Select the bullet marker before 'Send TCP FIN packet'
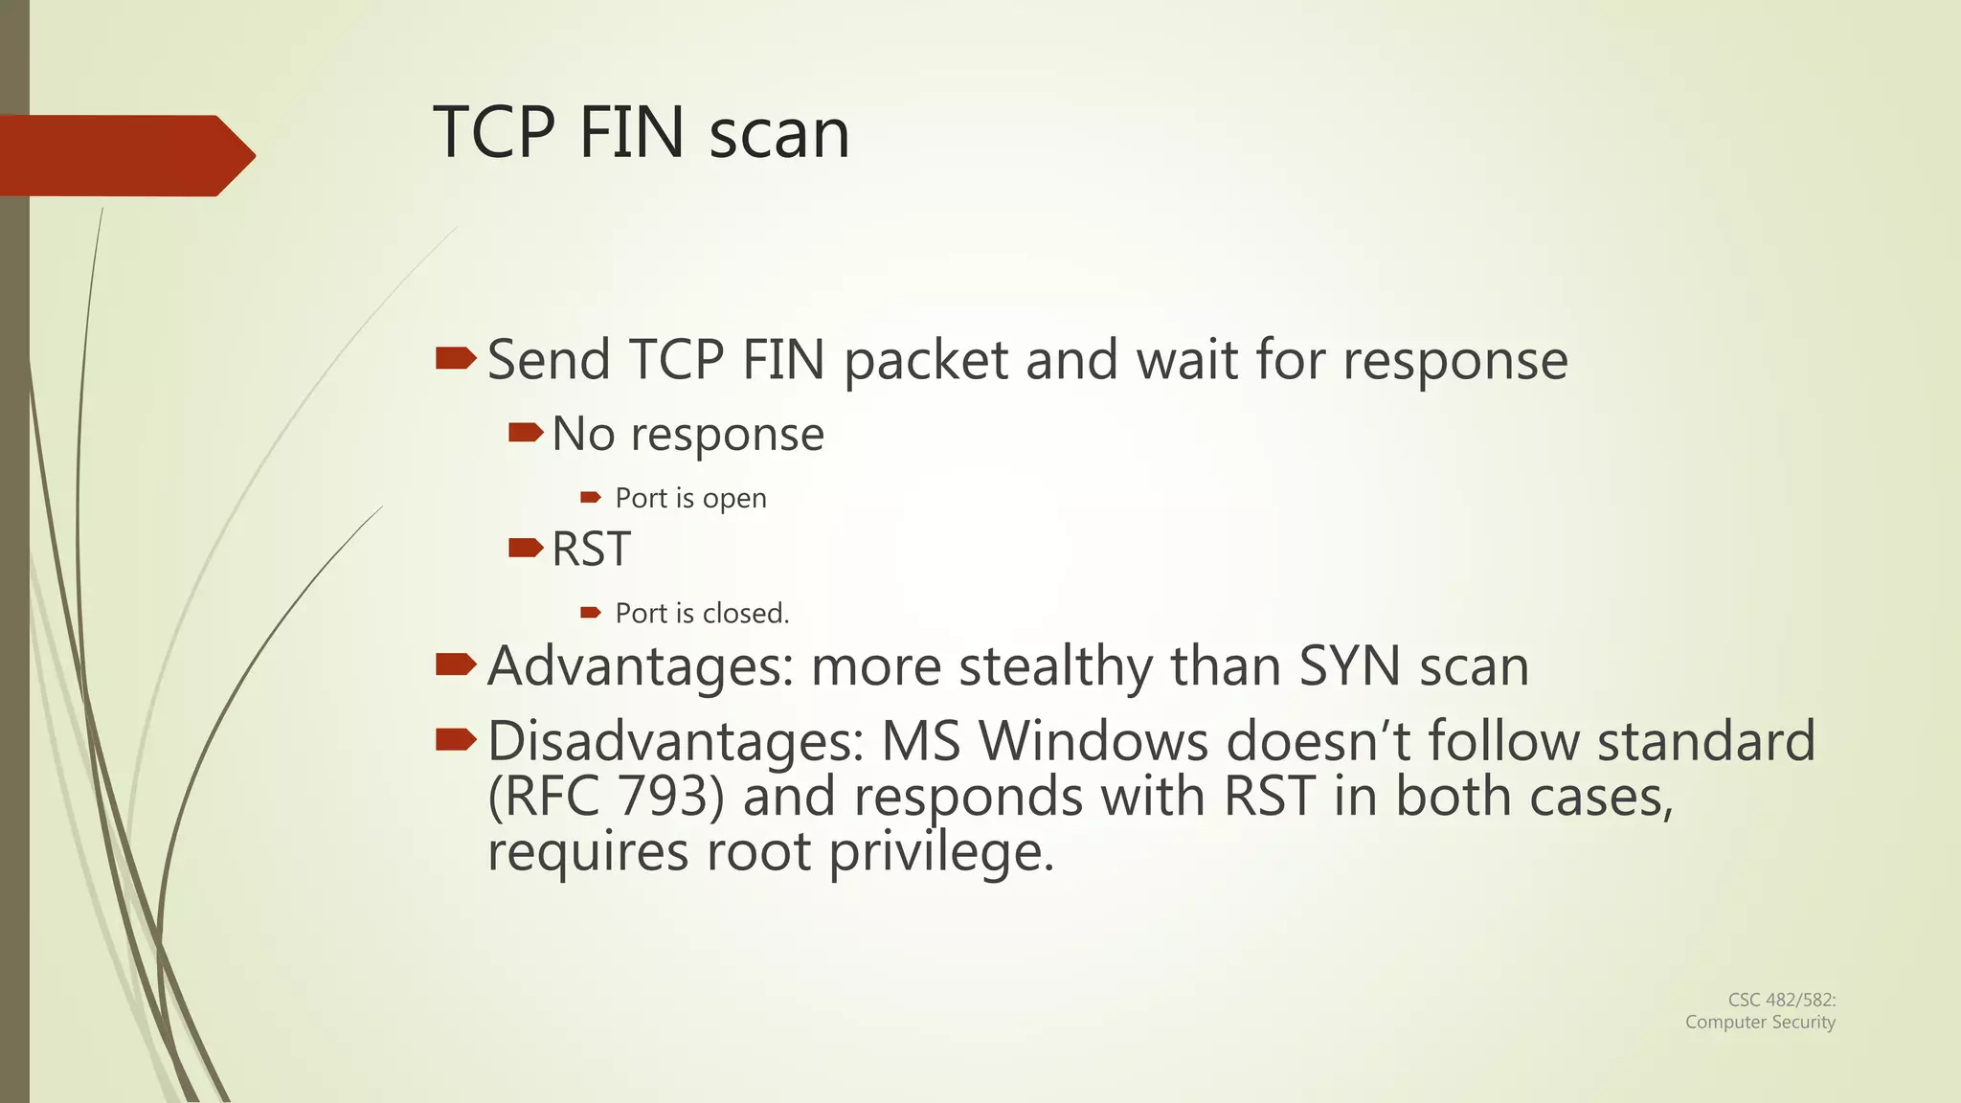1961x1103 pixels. coord(456,359)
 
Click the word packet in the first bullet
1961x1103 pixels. coord(926,362)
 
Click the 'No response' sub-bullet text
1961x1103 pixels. coord(687,434)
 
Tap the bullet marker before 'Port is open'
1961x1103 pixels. coord(590,497)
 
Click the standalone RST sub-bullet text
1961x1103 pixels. coord(591,550)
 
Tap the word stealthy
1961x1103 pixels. coord(1055,667)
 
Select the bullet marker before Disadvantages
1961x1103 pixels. coord(456,739)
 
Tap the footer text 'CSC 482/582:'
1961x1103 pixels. coord(1781,1000)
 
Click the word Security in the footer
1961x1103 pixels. coord(1802,1022)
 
